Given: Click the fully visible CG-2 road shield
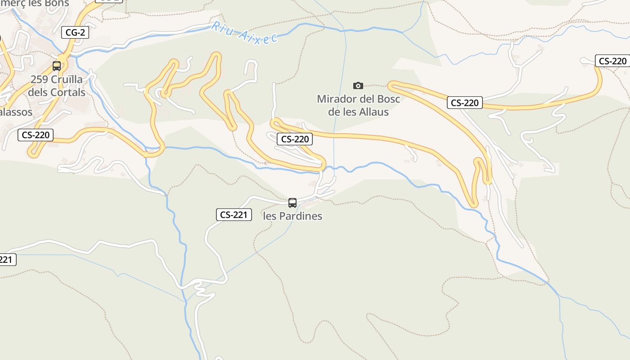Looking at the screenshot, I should (75, 32).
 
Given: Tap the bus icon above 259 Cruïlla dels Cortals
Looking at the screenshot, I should (57, 66).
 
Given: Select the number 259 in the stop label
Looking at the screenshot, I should (39, 80).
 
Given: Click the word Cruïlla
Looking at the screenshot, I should (67, 80).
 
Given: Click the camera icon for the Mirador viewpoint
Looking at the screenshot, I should (358, 85).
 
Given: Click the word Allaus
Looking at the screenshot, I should (374, 112).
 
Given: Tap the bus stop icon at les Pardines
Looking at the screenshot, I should (292, 203).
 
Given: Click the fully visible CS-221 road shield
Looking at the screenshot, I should (234, 215).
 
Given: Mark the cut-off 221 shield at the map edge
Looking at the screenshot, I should (7, 260).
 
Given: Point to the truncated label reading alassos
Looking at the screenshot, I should (15, 112).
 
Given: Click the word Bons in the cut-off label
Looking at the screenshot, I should (58, 4).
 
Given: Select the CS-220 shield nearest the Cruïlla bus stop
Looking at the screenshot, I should (36, 135).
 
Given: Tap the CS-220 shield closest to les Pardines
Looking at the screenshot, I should (295, 139).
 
